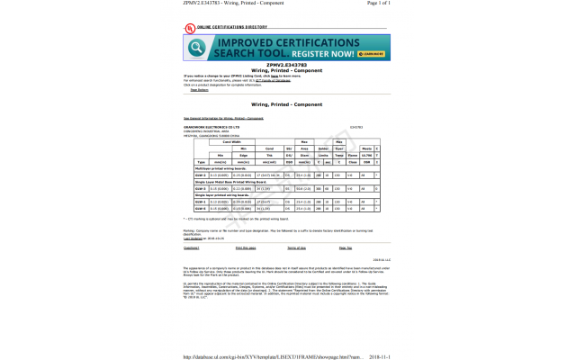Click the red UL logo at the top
188,26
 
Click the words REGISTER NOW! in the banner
324,54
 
